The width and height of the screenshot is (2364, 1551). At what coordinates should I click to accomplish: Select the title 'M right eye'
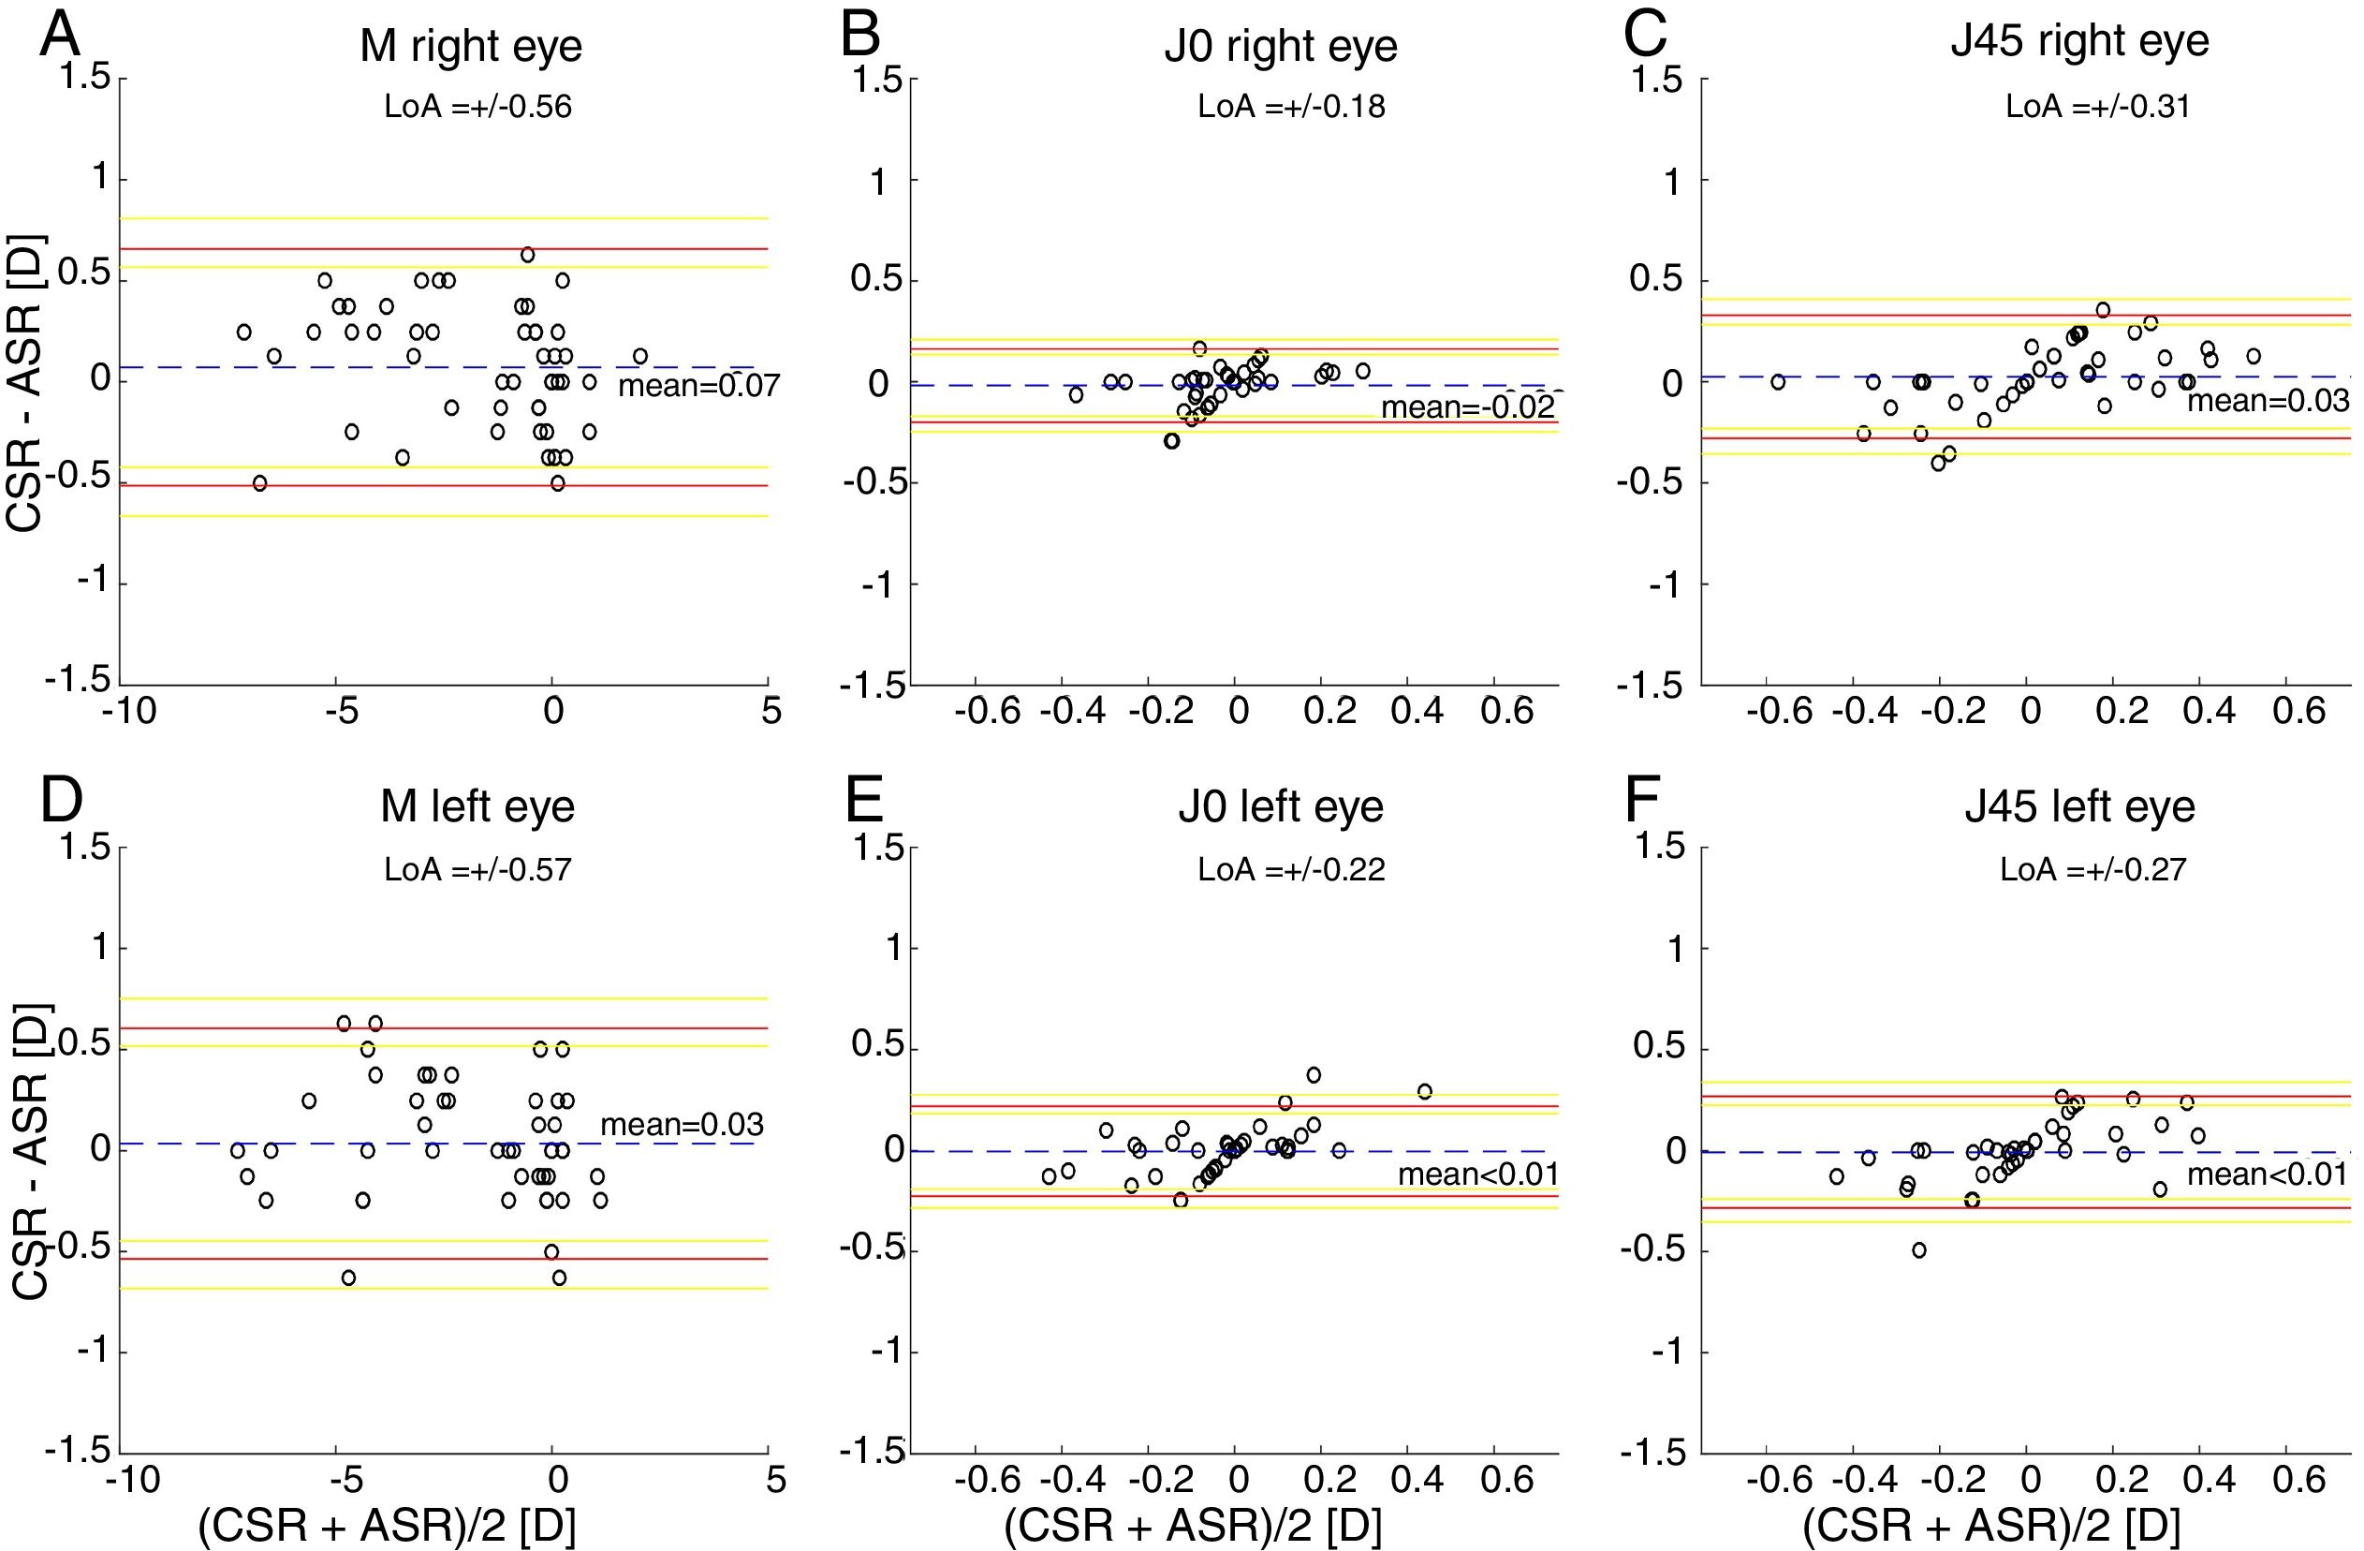pyautogui.click(x=471, y=46)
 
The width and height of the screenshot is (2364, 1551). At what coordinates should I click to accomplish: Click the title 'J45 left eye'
pyautogui.click(x=2080, y=805)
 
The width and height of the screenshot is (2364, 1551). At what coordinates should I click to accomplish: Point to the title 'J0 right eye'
pyautogui.click(x=1281, y=46)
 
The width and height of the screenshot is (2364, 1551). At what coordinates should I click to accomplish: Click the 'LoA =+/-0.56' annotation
pyautogui.click(x=477, y=107)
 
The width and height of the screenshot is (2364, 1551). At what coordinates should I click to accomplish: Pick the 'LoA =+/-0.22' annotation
pyautogui.click(x=1290, y=869)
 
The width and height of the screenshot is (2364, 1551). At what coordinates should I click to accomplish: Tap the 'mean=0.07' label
pyautogui.click(x=698, y=386)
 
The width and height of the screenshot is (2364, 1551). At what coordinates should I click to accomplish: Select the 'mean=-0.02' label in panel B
pyautogui.click(x=1467, y=406)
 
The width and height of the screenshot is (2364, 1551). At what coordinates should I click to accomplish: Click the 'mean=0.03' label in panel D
pyautogui.click(x=682, y=1124)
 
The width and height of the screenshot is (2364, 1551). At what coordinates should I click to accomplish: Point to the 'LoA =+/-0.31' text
pyautogui.click(x=2098, y=107)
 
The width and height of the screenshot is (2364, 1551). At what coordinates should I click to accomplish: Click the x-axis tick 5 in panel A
pyautogui.click(x=771, y=712)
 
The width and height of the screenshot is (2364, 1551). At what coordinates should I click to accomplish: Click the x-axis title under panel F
pyautogui.click(x=1991, y=1526)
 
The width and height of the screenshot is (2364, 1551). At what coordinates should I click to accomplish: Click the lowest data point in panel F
pyautogui.click(x=1919, y=1250)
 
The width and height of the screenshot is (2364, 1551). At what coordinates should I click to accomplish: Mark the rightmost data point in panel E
pyautogui.click(x=1424, y=1092)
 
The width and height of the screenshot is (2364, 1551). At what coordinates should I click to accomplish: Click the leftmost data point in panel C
pyautogui.click(x=1778, y=381)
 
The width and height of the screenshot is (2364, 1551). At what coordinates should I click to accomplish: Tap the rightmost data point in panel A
pyautogui.click(x=639, y=356)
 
